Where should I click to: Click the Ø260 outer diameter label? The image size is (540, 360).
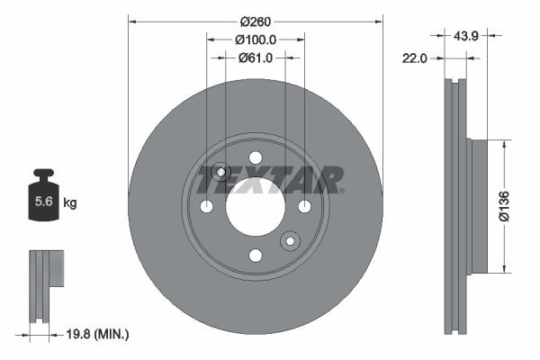point(255,18)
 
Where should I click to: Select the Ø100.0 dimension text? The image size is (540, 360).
point(255,40)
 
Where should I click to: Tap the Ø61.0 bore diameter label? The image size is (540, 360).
point(255,58)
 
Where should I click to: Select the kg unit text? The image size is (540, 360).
point(70,203)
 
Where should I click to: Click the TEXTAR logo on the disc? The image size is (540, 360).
point(270,180)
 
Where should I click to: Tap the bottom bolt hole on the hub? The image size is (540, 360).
point(255,256)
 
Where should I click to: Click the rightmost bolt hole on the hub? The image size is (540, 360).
point(304,207)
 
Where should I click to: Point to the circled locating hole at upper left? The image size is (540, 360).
point(221,172)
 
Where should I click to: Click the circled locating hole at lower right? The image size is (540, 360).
point(290,241)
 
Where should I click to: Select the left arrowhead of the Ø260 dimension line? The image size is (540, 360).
point(131,18)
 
